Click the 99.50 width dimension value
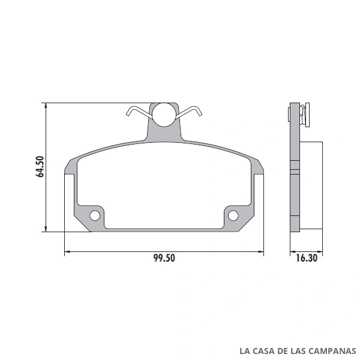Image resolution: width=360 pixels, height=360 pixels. [x=164, y=258]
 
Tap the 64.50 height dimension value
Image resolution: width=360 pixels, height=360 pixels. [x=40, y=166]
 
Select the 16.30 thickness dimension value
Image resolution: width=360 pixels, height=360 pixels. [x=307, y=258]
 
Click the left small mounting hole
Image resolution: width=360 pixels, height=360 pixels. [x=95, y=215]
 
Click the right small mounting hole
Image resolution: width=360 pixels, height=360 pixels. [x=233, y=215]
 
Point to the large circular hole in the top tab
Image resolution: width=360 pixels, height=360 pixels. [x=164, y=115]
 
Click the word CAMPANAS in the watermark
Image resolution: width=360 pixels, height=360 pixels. [x=332, y=351]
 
